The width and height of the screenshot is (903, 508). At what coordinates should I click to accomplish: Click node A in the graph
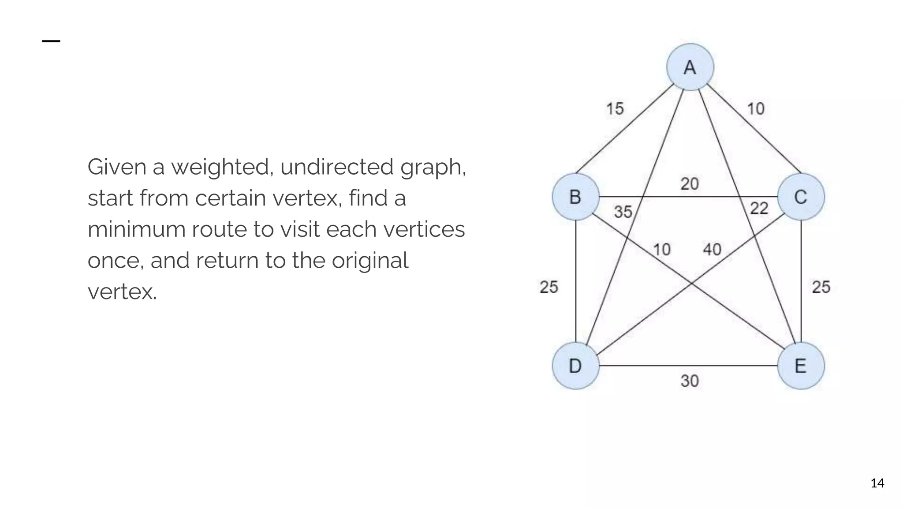coord(690,67)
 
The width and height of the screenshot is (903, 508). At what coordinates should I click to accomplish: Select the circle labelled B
coord(575,197)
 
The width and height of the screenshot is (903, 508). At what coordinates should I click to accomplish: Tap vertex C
coord(801,197)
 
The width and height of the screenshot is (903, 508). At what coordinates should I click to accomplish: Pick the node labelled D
coord(575,366)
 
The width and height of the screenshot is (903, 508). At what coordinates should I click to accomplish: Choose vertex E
coord(801,366)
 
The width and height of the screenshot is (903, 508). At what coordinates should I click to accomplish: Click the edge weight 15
coord(615,108)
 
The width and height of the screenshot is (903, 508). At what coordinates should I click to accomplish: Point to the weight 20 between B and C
coord(690,183)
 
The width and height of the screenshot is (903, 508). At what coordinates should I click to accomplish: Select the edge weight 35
coord(623,212)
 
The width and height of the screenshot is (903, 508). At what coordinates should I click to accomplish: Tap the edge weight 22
coord(759,208)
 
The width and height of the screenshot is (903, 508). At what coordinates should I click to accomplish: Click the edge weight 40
coord(712,250)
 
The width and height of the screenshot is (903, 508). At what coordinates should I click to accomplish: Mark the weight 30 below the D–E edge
coord(690,381)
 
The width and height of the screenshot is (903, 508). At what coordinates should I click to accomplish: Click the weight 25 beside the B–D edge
coord(549,287)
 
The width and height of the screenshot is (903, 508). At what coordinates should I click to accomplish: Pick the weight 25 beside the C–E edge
coord(821,287)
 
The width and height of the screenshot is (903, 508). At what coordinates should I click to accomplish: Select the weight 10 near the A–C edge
coord(756,108)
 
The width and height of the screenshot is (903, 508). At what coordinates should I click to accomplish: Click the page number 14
coord(877,483)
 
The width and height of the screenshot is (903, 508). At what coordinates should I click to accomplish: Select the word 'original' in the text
coord(370,261)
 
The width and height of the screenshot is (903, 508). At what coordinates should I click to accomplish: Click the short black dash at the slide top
coord(51,41)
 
